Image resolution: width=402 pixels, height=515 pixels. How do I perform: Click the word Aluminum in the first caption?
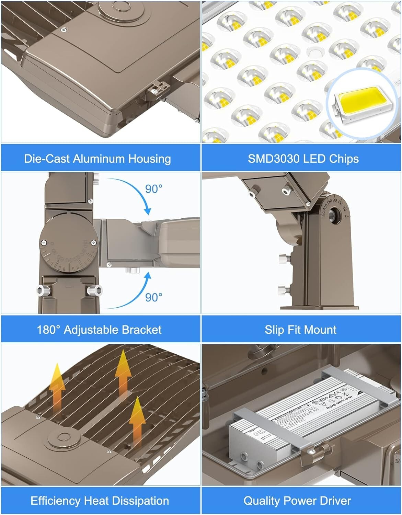click(98, 159)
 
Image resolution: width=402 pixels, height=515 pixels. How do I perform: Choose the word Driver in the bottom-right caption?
click(333, 501)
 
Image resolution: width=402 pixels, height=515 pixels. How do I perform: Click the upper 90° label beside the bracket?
click(153, 189)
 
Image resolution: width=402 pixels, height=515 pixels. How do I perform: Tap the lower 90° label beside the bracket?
click(153, 297)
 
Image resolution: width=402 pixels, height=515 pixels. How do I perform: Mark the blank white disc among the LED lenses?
click(315, 52)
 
